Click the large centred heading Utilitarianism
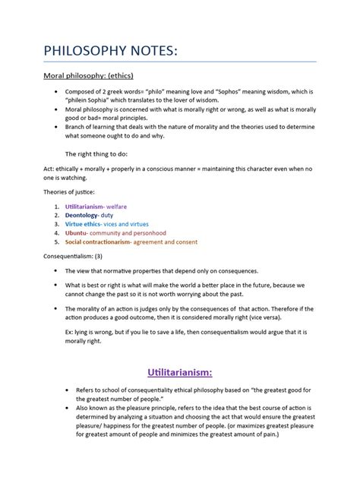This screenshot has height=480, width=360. click(x=179, y=373)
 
